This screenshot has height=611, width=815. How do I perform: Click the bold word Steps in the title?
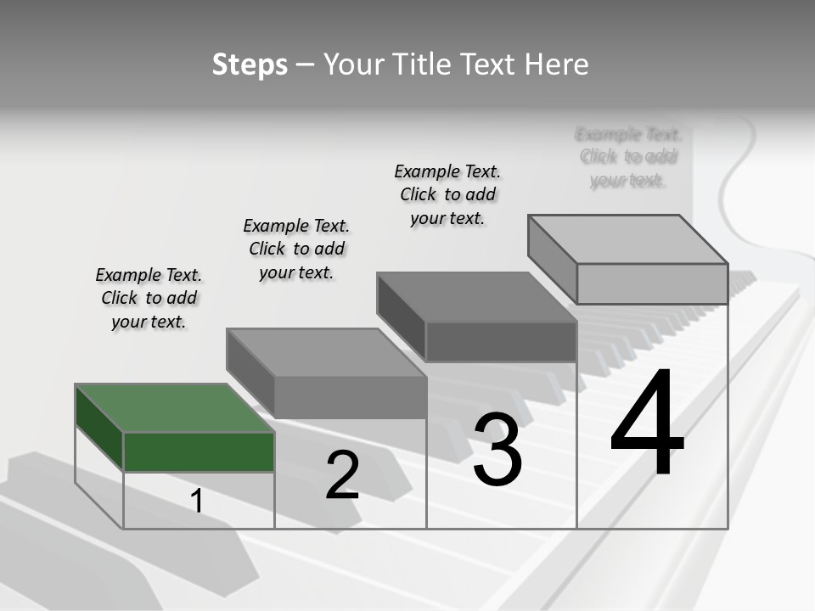point(250,64)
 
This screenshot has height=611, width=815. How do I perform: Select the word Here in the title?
point(556,64)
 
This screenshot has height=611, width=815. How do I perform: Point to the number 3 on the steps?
point(497,450)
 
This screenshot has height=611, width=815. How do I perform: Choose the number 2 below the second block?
point(342,475)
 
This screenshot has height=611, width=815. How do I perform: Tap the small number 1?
point(197,501)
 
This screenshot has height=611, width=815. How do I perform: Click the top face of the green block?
point(174,408)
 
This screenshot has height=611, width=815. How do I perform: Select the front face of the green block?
point(199,451)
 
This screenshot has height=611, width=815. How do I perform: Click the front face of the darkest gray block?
point(501,342)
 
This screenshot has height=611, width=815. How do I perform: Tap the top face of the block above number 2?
point(326,352)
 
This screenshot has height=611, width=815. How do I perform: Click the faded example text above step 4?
point(628,157)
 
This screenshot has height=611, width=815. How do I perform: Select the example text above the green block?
point(149,298)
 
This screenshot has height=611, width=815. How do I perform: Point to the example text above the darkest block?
point(447,194)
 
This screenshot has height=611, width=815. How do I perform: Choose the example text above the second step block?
point(296,249)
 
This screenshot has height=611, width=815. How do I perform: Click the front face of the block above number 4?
point(652,283)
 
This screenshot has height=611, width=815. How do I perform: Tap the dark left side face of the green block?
point(99,428)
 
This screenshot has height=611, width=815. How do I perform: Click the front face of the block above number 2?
point(350,397)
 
